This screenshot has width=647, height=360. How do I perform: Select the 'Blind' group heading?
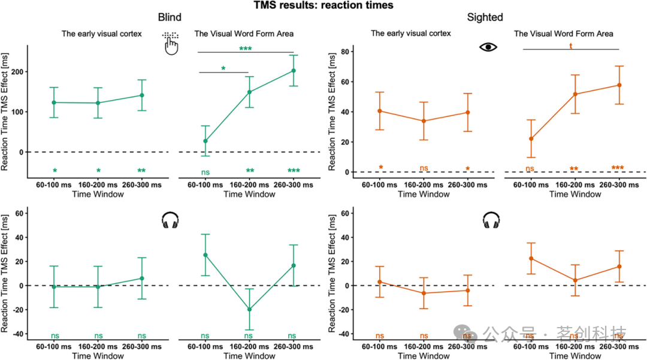[169, 17]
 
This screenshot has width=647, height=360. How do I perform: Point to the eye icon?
[488, 47]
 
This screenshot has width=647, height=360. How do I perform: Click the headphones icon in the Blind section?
[171, 221]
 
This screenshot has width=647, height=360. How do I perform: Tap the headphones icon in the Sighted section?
[491, 221]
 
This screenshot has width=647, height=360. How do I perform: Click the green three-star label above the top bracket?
[246, 49]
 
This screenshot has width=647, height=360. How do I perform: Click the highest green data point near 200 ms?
[294, 71]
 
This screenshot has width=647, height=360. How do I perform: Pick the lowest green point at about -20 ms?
[249, 310]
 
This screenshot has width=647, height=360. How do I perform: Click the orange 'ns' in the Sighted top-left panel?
[424, 169]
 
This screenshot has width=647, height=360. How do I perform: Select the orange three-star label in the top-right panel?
[618, 168]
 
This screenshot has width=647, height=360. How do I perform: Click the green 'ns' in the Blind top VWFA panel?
[205, 172]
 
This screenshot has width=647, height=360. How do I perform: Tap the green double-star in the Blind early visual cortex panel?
[141, 171]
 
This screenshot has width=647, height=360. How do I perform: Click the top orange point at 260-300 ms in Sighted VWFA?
[619, 85]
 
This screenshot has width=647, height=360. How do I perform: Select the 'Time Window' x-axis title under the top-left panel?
[98, 194]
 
